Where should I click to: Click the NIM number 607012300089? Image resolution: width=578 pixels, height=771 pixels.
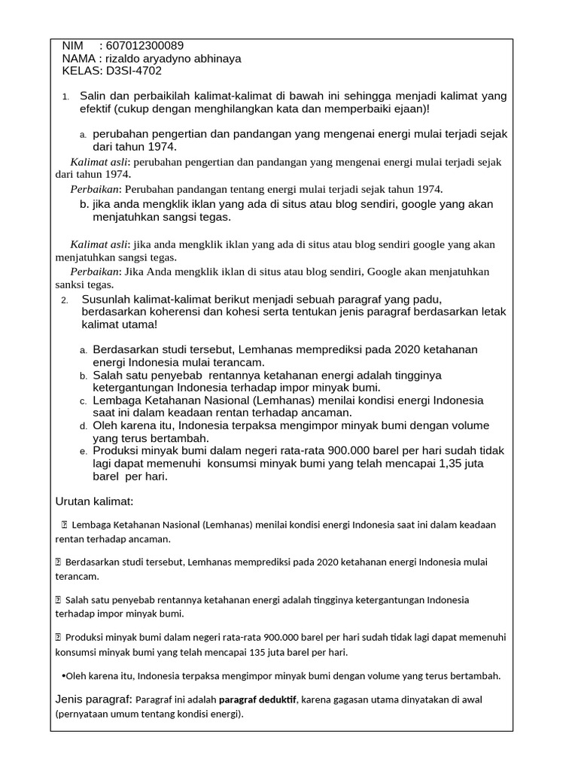click(x=145, y=46)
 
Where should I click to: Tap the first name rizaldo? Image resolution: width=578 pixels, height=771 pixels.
click(x=125, y=59)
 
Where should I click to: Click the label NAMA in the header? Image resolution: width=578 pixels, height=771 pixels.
click(x=78, y=59)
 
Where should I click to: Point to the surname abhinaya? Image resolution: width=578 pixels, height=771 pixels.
click(x=214, y=59)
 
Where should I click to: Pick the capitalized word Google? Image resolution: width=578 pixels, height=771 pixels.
click(x=388, y=272)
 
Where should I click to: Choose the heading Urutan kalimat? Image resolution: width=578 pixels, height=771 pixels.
click(x=94, y=501)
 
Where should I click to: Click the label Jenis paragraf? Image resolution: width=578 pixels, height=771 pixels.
click(x=94, y=699)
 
